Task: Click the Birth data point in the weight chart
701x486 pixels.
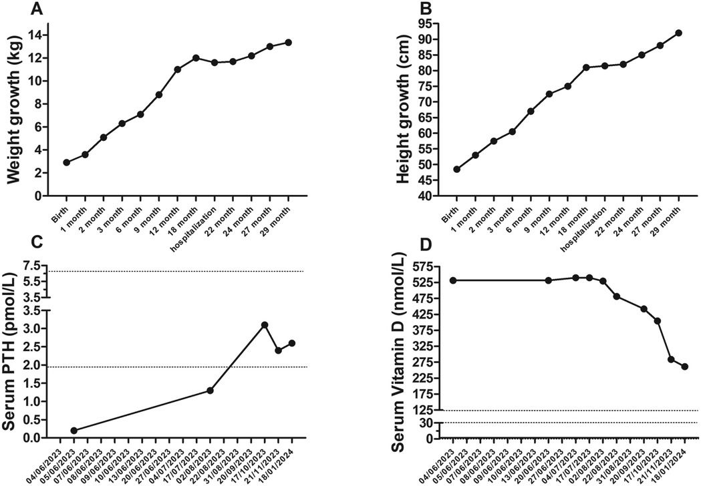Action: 67,162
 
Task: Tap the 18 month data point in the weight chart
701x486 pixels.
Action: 196,58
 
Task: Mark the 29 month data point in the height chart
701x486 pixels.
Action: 678,33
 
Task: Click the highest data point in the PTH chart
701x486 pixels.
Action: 265,324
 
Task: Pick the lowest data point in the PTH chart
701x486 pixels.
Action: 74,431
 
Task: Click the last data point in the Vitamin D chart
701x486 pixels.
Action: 684,367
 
